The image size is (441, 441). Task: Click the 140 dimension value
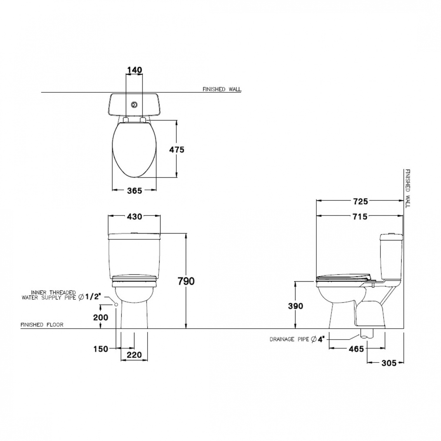tap(134, 70)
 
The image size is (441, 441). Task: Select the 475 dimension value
tap(177, 150)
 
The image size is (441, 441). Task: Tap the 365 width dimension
tap(134, 191)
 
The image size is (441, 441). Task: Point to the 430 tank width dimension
tap(134, 217)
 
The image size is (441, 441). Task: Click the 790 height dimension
tap(186, 281)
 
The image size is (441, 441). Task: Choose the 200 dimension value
tap(101, 318)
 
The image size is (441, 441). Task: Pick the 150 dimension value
tap(101, 349)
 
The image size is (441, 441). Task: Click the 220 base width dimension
tap(134, 355)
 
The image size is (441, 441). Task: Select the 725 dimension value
tap(360, 201)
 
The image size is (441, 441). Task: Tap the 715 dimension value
tap(360, 217)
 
